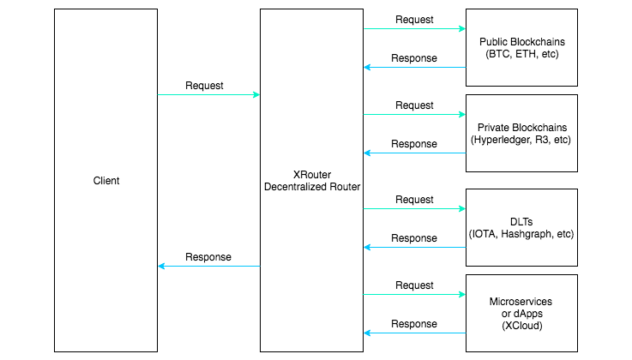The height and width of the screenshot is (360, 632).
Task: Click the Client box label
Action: (x=106, y=181)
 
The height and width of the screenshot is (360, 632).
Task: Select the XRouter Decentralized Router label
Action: (x=311, y=181)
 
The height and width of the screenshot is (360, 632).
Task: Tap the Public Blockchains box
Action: (x=521, y=48)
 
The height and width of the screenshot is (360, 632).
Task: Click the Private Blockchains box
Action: (x=521, y=133)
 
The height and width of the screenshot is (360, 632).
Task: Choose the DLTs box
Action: (x=521, y=227)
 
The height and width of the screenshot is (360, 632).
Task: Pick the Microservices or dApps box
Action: (x=521, y=313)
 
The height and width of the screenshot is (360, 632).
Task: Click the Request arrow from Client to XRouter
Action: (x=208, y=95)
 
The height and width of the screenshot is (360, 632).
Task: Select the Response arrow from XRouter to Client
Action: (x=208, y=267)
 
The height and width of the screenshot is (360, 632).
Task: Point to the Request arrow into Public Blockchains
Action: (x=414, y=28)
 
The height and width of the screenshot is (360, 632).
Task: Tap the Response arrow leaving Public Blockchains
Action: (x=414, y=67)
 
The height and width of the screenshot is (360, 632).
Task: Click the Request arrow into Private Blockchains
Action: (x=414, y=114)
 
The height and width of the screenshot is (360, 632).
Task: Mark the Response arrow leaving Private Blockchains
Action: (x=414, y=153)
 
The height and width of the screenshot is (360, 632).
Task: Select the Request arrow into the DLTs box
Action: (x=414, y=208)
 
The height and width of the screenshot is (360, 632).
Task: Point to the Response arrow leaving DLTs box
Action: (x=414, y=247)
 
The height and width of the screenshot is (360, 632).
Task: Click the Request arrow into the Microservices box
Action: (x=414, y=294)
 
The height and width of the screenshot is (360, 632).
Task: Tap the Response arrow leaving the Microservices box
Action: (x=414, y=333)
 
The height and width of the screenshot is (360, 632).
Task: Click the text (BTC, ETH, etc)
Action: (x=521, y=55)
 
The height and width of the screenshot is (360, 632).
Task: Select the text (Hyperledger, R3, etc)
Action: (x=521, y=140)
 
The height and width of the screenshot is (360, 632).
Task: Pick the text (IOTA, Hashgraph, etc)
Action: (x=521, y=234)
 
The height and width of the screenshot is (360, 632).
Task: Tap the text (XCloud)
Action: (x=521, y=327)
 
